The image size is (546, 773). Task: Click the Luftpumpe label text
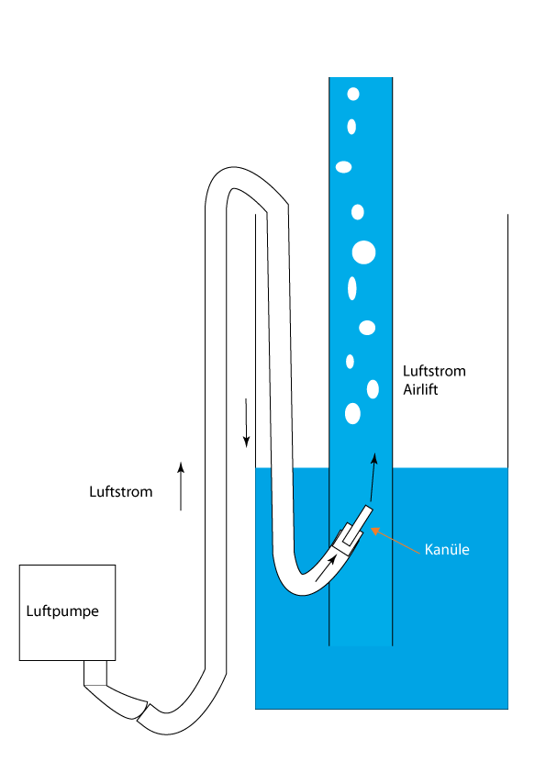pos(62,611)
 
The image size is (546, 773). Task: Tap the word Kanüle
pos(447,549)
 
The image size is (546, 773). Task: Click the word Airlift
pos(420,389)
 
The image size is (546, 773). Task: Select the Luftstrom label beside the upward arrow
pos(121,491)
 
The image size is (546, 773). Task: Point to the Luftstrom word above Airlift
pos(434,371)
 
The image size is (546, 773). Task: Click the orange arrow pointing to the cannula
pos(396,541)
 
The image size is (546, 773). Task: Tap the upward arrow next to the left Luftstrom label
pos(181,486)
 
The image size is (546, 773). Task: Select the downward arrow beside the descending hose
pos(247,423)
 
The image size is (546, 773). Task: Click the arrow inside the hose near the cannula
pos(326,567)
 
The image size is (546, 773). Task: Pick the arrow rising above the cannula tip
pos(373,477)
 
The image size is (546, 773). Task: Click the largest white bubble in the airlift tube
pos(363,252)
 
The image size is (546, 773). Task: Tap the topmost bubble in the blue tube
pos(353,94)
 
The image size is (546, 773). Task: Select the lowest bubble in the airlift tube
pos(352,414)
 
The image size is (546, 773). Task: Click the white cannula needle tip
pos(369,510)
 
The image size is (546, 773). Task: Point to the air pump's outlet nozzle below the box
pos(95,673)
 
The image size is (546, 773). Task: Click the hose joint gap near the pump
pos(142,711)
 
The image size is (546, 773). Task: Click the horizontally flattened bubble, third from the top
pos(343,167)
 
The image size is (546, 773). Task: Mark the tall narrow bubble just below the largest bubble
pos(351,288)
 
